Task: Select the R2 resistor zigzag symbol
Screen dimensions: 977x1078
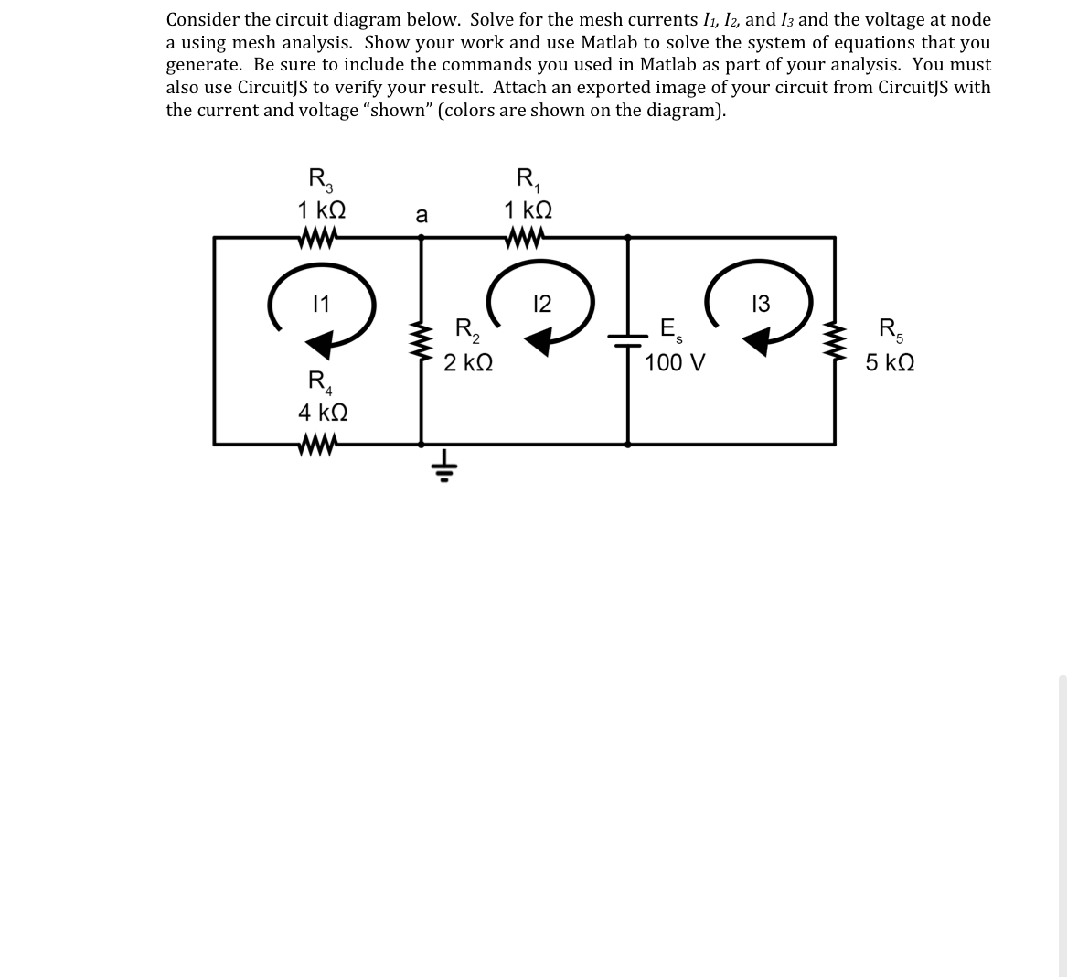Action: [x=422, y=340]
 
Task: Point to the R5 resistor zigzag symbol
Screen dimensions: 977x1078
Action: [x=835, y=340]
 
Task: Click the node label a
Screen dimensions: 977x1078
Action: [x=421, y=215]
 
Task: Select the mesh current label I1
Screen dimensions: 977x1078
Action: [x=321, y=303]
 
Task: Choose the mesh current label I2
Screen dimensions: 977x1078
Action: [x=541, y=303]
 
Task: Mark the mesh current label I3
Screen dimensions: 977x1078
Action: [x=760, y=303]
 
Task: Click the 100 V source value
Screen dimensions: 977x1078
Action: [x=675, y=363]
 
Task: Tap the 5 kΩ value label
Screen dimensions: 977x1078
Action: [x=890, y=363]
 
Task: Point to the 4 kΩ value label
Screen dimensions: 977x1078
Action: [x=322, y=413]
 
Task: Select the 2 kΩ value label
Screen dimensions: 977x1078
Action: [x=468, y=363]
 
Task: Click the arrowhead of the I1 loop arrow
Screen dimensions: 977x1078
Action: [x=319, y=346]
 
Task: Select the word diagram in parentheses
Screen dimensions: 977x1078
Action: [x=687, y=111]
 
